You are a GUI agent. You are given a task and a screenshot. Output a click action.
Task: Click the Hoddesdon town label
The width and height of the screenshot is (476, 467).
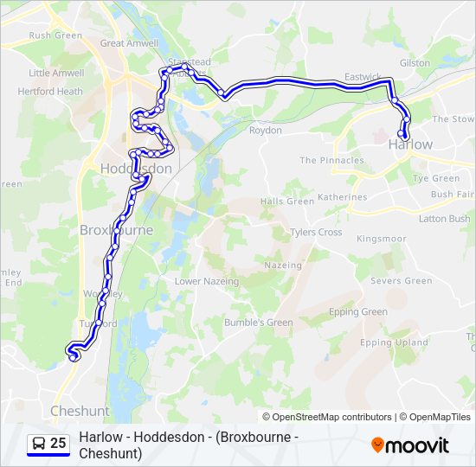(x=136, y=169)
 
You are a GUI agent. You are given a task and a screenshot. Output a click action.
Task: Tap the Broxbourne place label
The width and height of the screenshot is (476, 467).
(x=116, y=230)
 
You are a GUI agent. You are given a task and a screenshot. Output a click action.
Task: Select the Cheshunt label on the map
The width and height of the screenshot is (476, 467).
(x=80, y=411)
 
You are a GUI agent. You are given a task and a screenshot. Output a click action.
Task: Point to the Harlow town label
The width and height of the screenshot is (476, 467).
(x=410, y=144)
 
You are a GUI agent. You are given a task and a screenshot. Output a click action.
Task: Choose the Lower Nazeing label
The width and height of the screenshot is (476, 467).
(x=212, y=282)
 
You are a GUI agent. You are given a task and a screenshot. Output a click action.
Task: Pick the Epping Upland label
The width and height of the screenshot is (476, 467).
(x=394, y=342)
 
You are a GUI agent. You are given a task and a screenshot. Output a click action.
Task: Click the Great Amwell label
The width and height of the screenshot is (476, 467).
(x=129, y=42)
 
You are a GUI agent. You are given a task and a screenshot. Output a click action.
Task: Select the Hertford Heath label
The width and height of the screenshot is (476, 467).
(x=55, y=92)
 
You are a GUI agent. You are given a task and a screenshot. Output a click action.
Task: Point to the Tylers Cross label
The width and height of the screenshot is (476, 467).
(x=316, y=232)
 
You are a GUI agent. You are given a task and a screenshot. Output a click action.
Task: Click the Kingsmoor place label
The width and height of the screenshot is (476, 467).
(x=381, y=238)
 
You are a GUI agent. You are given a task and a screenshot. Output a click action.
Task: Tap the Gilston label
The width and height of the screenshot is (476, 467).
(x=415, y=63)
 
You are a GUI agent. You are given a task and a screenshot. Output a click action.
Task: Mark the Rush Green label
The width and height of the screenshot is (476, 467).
(x=55, y=35)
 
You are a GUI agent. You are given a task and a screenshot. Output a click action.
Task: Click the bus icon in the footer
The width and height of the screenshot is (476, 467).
(x=39, y=443)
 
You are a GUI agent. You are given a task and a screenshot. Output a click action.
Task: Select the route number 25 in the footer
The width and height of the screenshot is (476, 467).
(x=58, y=443)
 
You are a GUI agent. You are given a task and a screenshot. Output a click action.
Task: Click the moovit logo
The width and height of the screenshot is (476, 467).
(x=410, y=445)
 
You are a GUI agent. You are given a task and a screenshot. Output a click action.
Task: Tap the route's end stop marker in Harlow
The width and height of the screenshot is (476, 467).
(x=402, y=133)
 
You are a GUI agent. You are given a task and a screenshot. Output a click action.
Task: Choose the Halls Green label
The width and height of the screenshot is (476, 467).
(x=287, y=201)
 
